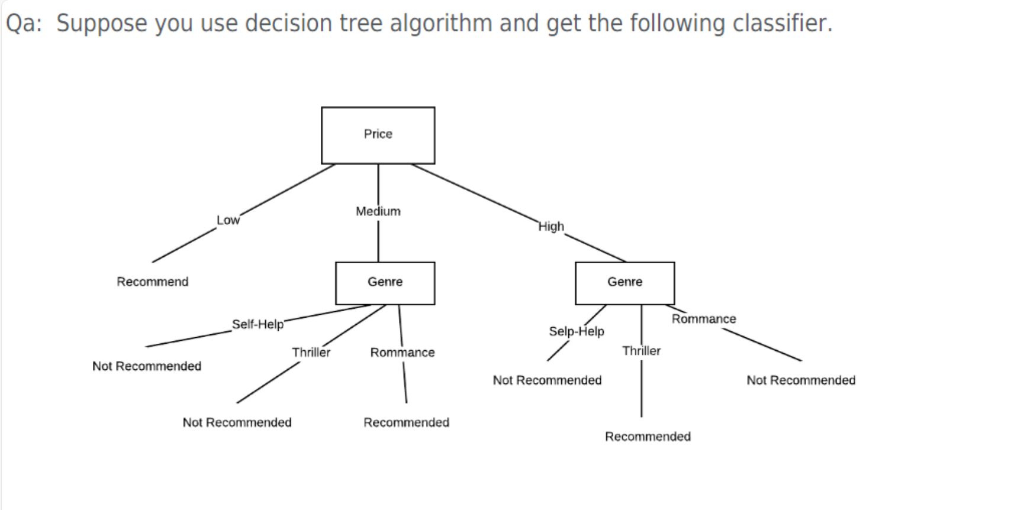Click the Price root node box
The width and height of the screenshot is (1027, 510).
click(378, 135)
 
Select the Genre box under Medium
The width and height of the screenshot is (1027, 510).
click(385, 283)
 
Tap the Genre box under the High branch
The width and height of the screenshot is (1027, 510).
click(624, 283)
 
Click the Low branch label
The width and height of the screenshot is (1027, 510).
click(228, 220)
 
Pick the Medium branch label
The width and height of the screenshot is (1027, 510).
click(378, 211)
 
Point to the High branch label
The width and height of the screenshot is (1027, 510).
click(550, 227)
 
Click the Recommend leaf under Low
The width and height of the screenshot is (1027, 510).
click(152, 282)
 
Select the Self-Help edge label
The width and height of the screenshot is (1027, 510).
click(257, 324)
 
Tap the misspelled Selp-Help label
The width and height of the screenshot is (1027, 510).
click(576, 331)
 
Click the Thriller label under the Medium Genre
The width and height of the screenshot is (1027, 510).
click(311, 353)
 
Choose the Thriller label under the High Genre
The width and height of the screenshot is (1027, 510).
click(641, 351)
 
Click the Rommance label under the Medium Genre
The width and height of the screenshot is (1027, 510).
click(402, 353)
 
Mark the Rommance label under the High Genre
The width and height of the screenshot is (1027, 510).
click(703, 319)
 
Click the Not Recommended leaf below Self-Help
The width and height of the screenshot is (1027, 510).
click(146, 366)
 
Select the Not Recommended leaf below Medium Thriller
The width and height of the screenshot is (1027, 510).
click(237, 422)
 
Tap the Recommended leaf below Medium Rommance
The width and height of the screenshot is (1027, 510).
click(406, 422)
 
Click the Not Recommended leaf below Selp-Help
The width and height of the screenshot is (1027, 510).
click(547, 380)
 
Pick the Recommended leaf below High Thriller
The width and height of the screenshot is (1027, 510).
click(648, 437)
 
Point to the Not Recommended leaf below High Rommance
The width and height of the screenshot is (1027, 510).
click(800, 380)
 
